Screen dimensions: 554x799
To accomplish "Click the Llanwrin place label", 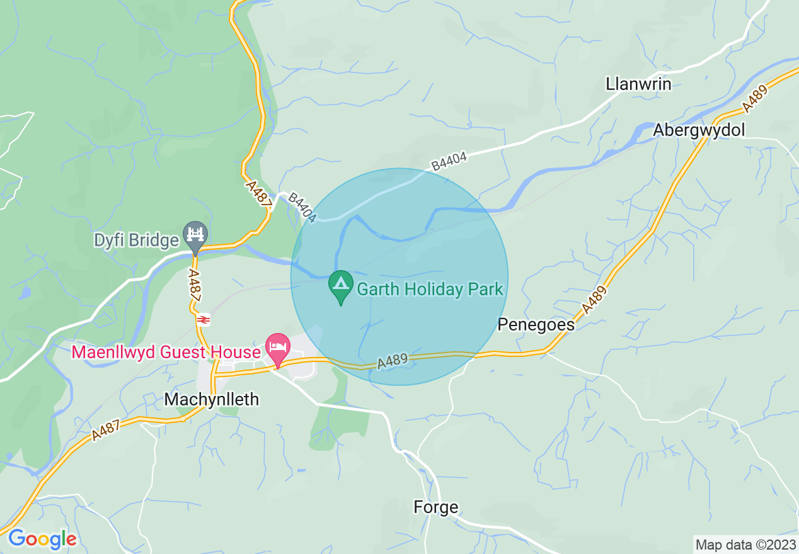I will point(638,84).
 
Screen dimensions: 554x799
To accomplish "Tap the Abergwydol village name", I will point(699,130).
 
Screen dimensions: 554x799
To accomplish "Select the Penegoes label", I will point(536,324).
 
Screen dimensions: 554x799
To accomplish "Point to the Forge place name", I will point(435,507).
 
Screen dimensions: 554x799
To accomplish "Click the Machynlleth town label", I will point(211,399).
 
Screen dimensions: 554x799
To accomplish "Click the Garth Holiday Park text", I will point(430,290).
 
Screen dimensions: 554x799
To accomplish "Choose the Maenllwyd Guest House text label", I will point(166,351).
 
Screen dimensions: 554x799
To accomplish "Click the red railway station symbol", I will point(203,320).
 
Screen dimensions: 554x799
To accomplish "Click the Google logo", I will point(42,539).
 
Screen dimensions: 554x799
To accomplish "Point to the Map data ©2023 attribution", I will point(745,544).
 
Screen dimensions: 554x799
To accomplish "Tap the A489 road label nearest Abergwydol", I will point(755,99).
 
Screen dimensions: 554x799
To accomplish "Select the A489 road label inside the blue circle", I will point(394,361).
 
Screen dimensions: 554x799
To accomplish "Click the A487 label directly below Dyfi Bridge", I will point(195,289).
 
